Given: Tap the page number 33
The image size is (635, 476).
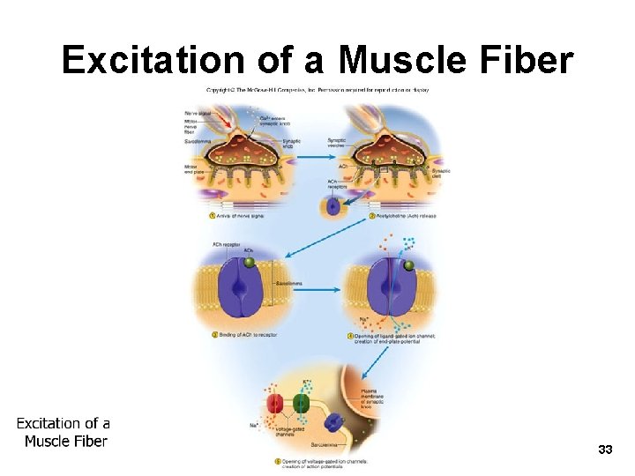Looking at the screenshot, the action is [x=604, y=450].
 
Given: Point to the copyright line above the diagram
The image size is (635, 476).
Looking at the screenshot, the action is [x=317, y=90].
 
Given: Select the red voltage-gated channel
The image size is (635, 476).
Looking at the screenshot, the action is [x=276, y=406].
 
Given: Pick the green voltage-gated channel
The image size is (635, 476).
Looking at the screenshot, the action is [x=301, y=406].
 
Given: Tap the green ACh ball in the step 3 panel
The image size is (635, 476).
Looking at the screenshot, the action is [x=250, y=262].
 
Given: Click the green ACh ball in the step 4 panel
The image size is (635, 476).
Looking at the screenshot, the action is [x=407, y=265].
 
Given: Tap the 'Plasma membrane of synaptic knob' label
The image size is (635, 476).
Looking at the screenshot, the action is [x=373, y=398].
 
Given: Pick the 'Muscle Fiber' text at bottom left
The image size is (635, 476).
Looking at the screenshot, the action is [x=65, y=441].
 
